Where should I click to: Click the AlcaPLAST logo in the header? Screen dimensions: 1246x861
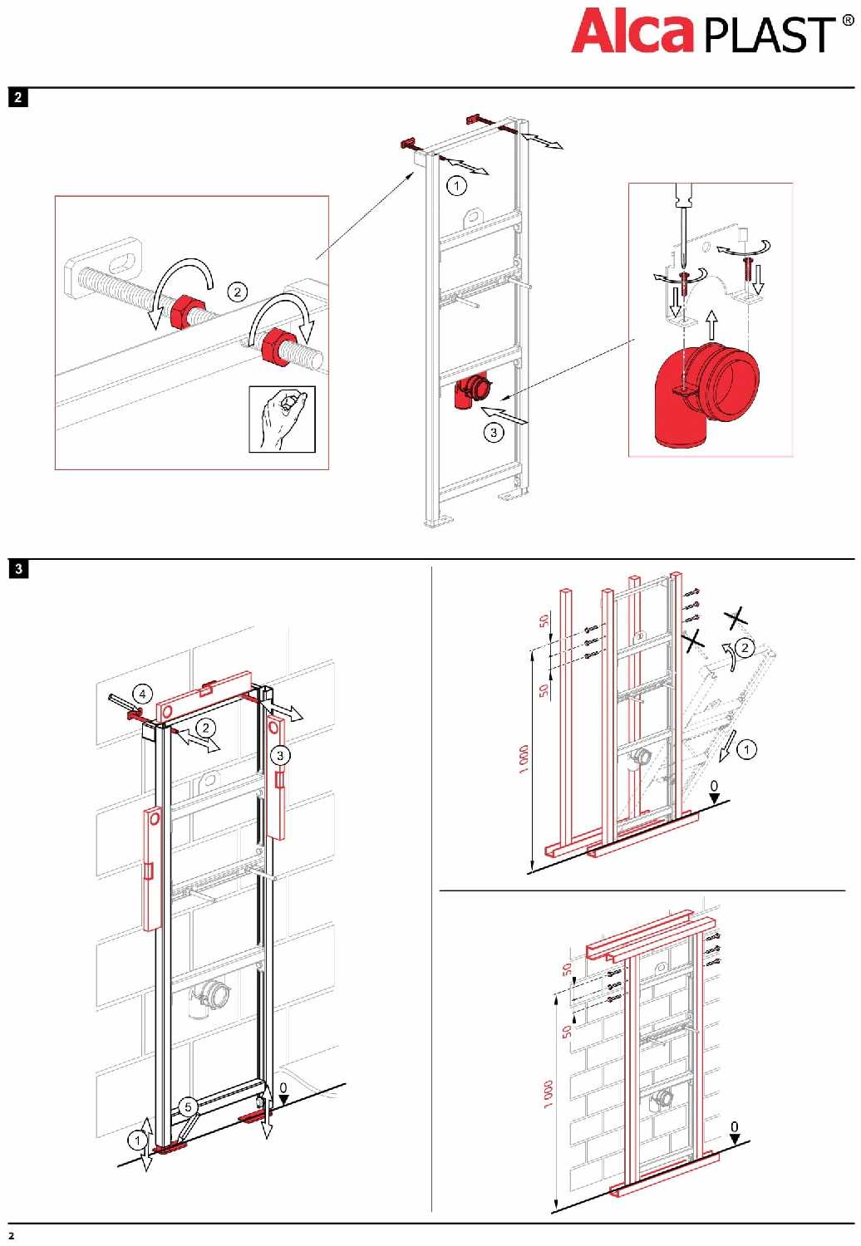click(x=702, y=32)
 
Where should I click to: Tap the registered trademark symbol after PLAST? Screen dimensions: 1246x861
click(x=848, y=21)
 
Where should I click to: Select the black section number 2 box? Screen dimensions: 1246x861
click(x=17, y=97)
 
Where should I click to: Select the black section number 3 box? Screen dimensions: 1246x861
click(x=17, y=569)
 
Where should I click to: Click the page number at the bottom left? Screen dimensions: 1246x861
click(x=11, y=1235)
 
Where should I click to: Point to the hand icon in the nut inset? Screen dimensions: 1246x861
click(x=282, y=419)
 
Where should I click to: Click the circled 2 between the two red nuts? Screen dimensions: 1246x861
click(x=238, y=292)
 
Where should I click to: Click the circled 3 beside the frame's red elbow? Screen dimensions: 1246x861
click(x=494, y=432)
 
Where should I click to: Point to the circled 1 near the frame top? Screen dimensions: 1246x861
click(x=456, y=185)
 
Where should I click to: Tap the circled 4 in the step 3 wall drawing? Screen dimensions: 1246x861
click(x=142, y=694)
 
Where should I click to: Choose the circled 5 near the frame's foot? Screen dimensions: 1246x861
click(x=188, y=1106)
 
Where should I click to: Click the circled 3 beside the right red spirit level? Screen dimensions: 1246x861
click(x=280, y=755)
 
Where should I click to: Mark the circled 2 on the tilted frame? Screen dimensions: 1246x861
click(x=745, y=648)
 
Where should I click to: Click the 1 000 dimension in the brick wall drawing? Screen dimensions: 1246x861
click(x=548, y=1093)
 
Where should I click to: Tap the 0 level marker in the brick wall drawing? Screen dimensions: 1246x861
click(x=734, y=1128)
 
